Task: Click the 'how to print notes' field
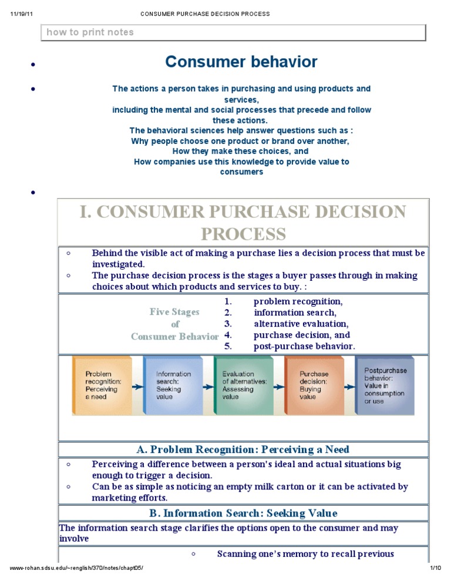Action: click(233, 32)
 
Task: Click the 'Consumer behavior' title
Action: click(241, 62)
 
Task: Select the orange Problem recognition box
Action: click(103, 385)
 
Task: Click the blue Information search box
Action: click(173, 385)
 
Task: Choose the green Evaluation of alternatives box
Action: click(244, 385)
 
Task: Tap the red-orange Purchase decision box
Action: click(315, 385)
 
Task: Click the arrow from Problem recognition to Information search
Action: click(137, 387)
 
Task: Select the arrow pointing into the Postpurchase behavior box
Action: click(349, 387)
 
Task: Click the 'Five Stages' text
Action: click(174, 312)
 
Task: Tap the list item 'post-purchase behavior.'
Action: click(304, 346)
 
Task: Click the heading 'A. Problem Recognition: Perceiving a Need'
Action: click(243, 449)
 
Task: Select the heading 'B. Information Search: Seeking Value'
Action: click(243, 513)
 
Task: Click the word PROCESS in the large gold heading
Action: click(243, 234)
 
